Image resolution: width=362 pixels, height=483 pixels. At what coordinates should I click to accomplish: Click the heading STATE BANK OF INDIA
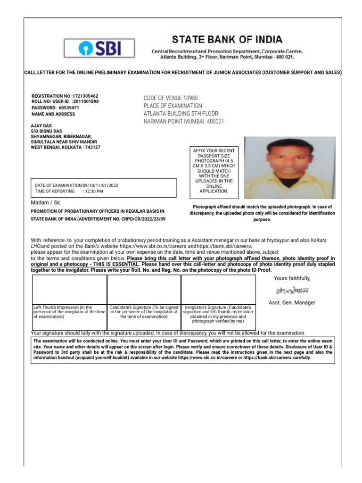[227, 39]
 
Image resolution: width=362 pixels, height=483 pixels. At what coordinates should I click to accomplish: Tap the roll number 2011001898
[85, 101]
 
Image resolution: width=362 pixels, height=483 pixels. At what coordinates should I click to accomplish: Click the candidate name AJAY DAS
[41, 125]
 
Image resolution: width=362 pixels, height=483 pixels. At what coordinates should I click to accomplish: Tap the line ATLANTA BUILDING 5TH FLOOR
[181, 114]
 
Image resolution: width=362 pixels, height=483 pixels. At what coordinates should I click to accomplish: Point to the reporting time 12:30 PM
[93, 191]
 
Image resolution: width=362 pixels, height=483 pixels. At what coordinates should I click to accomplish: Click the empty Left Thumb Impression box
[69, 290]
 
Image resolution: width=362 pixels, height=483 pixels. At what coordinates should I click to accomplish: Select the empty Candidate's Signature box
[144, 290]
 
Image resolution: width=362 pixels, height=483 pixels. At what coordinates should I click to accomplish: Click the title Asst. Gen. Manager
[292, 302]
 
